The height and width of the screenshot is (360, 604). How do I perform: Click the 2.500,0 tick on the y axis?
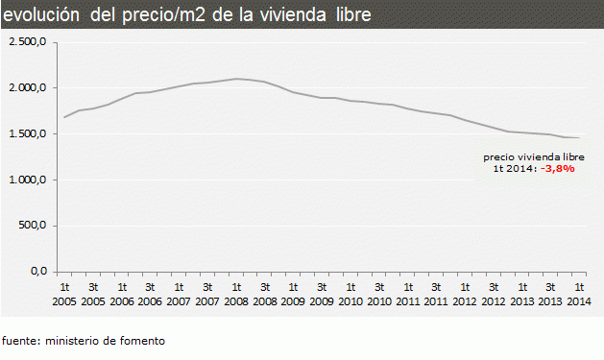click(29, 42)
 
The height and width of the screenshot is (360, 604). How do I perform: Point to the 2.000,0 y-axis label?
click(29, 88)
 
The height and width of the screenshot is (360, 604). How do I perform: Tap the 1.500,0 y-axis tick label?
click(29, 134)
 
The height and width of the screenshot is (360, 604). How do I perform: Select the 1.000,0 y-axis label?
click(29, 180)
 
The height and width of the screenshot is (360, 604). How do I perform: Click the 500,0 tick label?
click(34, 227)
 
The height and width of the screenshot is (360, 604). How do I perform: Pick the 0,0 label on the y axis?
click(39, 272)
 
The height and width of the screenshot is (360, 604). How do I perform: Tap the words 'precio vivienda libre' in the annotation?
click(533, 156)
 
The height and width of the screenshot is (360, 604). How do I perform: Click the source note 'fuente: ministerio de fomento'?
click(84, 341)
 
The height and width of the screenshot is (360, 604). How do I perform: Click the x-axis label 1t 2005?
click(65, 294)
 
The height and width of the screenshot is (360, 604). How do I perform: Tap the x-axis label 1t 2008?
click(236, 294)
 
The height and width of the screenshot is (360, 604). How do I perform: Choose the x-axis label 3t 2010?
click(379, 294)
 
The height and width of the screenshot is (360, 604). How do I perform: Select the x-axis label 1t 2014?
click(579, 294)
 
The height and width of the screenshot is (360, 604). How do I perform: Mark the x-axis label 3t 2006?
click(151, 294)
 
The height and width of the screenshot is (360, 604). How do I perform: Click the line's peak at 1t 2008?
click(236, 79)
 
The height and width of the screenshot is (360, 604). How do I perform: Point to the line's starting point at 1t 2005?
click(65, 117)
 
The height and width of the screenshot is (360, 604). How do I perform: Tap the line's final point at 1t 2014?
click(579, 138)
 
